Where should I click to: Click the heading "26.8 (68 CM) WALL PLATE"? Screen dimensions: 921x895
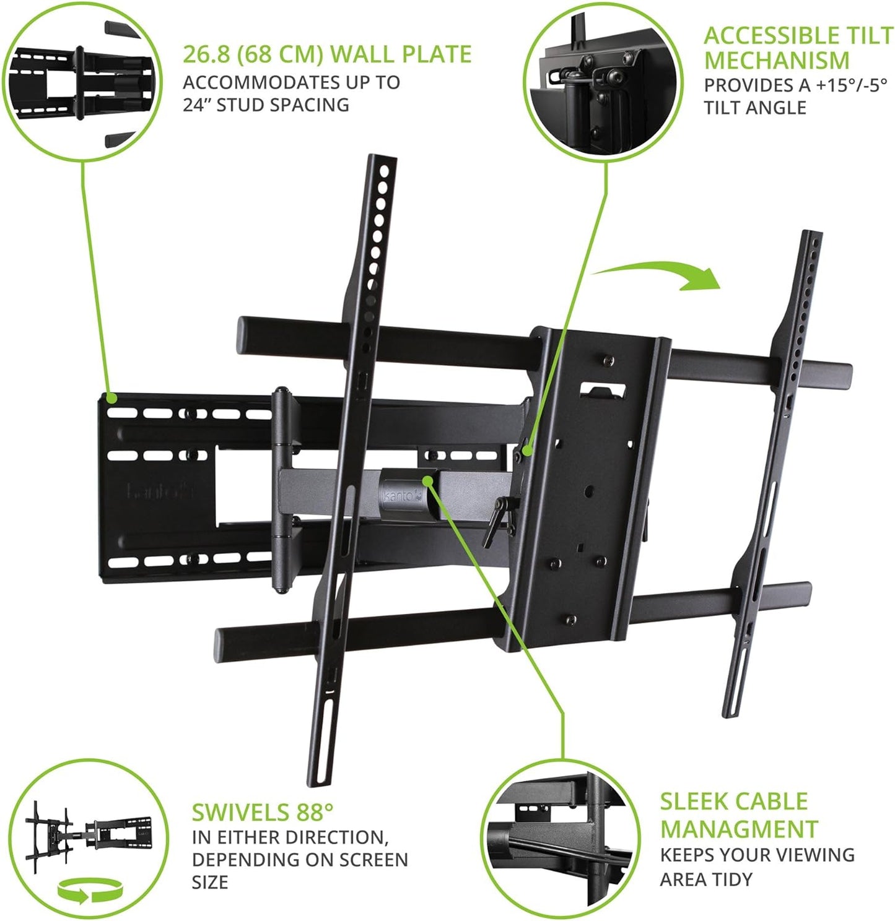point(326,54)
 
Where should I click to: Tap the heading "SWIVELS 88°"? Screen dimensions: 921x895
point(262,811)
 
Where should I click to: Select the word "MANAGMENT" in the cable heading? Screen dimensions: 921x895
point(739,829)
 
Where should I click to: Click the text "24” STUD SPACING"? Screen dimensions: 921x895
point(266,105)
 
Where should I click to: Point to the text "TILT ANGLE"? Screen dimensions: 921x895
point(754,108)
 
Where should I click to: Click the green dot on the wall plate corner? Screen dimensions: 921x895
point(111,397)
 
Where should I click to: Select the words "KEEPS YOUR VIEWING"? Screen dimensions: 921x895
point(757,855)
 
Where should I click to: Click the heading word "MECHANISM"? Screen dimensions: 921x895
point(776,61)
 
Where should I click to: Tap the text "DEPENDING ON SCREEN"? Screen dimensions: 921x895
point(300,860)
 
